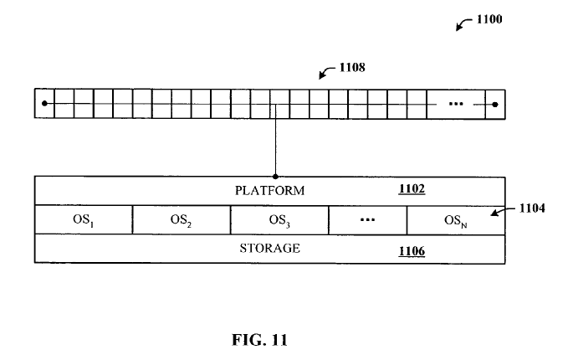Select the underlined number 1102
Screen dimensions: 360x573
click(x=412, y=189)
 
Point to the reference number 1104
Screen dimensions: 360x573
click(x=532, y=208)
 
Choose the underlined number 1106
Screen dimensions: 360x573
click(x=412, y=249)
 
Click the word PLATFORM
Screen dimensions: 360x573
click(x=269, y=190)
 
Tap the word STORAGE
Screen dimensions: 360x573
click(x=269, y=249)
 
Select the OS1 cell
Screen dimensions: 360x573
click(x=83, y=220)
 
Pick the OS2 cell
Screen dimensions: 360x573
click(x=181, y=220)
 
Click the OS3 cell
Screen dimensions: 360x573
click(x=279, y=220)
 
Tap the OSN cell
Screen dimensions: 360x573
click(x=456, y=220)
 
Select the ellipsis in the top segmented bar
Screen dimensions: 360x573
click(x=456, y=104)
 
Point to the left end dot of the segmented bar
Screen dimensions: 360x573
click(x=44, y=104)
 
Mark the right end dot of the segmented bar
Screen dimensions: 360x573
click(x=495, y=104)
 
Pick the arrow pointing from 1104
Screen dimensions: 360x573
click(x=502, y=213)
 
